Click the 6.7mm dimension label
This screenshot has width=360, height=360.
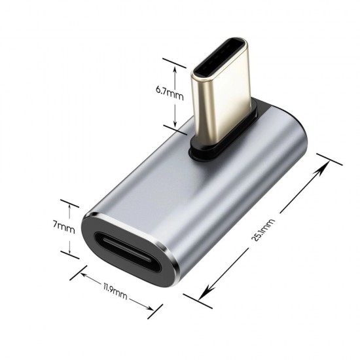point(170,93)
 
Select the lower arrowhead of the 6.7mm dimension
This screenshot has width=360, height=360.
point(174,124)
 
